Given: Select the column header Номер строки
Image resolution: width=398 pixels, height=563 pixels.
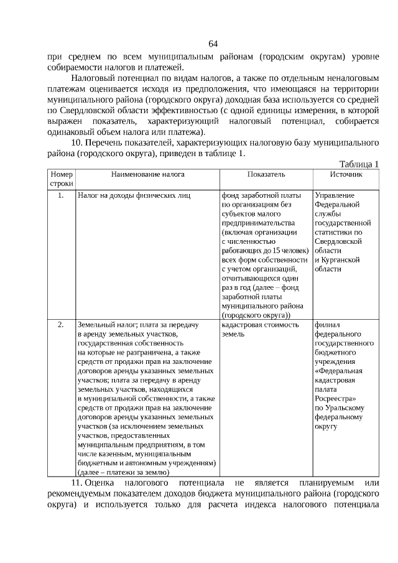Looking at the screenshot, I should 62,179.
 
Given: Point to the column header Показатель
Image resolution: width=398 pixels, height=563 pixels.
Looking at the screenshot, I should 266,175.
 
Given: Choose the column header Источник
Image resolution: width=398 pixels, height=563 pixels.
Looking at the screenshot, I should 346,175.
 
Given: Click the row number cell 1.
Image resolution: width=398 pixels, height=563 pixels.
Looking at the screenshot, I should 61,195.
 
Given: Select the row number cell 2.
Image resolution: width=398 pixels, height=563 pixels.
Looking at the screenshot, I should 61,325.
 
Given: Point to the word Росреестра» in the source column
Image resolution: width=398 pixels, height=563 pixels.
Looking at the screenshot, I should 336,398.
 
